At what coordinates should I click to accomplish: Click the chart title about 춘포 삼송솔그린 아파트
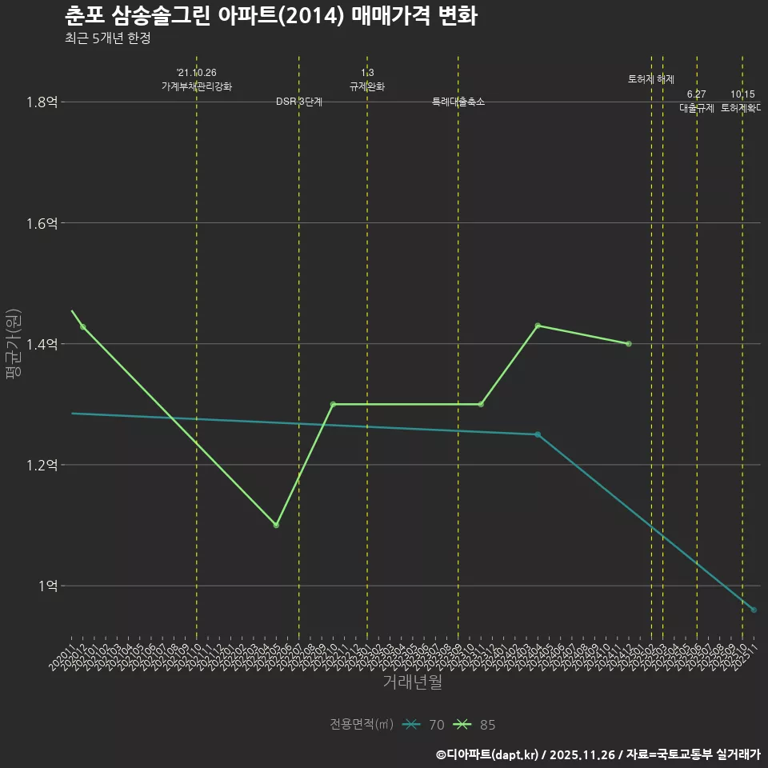coord(270,16)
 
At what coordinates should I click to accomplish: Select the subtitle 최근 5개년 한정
coord(107,38)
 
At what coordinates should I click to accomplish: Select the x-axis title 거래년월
coord(412,682)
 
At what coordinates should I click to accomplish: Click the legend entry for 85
coord(475,725)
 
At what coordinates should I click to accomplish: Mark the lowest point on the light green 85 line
coord(276,525)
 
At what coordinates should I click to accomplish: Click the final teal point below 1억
coord(754,610)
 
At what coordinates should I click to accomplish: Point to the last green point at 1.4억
coord(629,344)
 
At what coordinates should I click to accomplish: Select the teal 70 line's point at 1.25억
coord(538,434)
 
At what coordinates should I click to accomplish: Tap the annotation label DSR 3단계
coord(299,102)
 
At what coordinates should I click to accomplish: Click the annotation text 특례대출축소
coord(458,102)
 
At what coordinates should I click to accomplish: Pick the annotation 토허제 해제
coord(651,79)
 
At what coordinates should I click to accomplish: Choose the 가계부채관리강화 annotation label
coord(197,86)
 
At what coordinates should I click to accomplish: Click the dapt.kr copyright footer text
coord(598,754)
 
